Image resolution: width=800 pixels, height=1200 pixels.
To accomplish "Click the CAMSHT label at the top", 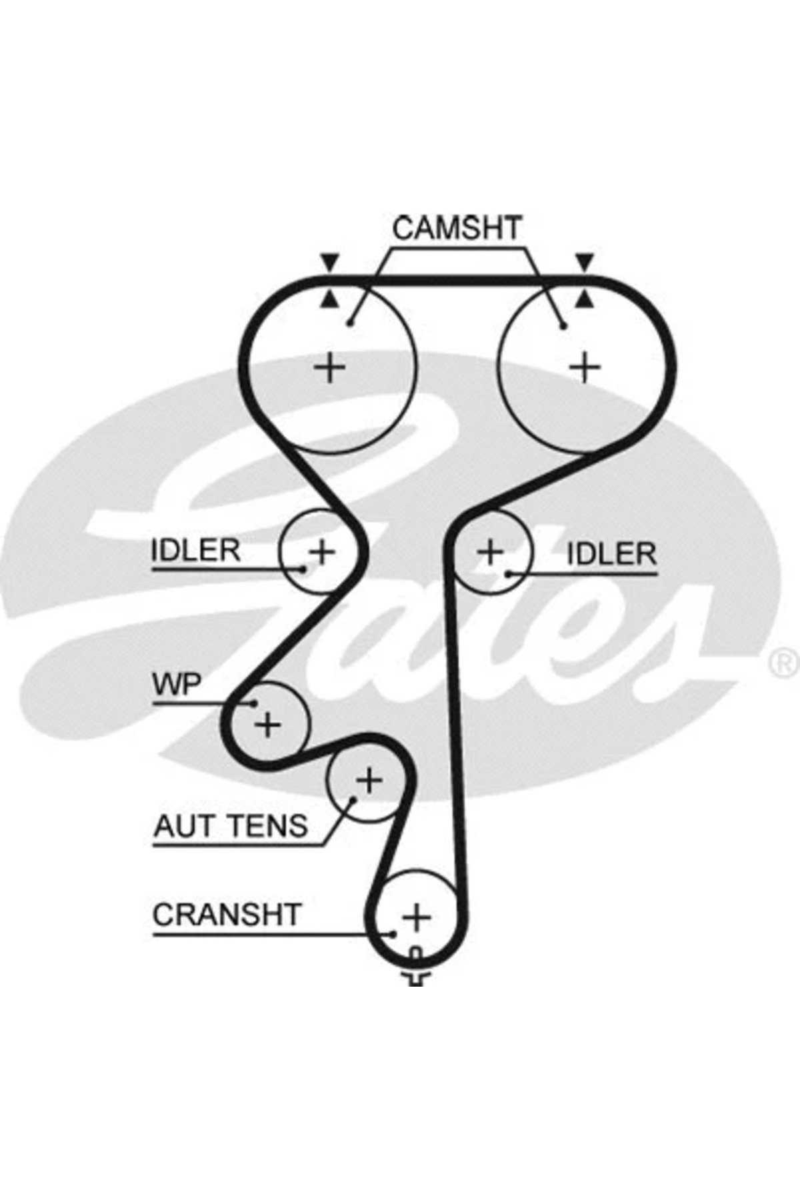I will (x=457, y=229).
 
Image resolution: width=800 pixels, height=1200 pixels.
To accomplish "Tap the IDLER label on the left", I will (x=195, y=551).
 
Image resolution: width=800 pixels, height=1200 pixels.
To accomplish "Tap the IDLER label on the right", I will (x=611, y=554).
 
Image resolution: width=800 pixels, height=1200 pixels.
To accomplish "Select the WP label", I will (x=176, y=685).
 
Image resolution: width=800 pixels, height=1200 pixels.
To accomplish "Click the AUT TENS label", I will (x=231, y=827).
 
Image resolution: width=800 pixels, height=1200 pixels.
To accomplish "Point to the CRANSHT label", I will (x=227, y=915).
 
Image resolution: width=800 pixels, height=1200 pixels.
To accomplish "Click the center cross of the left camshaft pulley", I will (x=329, y=367).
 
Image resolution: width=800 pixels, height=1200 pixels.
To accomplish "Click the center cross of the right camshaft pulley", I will (x=585, y=367).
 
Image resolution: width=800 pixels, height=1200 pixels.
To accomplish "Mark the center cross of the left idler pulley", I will (x=322, y=552).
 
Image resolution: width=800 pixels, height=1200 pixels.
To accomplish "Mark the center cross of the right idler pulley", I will (x=491, y=552).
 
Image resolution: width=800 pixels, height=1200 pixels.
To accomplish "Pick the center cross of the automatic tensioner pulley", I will (x=369, y=780).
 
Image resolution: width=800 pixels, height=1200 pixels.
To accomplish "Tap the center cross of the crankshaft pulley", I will (x=417, y=918).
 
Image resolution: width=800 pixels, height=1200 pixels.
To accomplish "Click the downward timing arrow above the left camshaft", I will (x=329, y=262).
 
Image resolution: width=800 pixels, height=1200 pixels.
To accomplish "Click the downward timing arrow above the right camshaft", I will (x=585, y=262).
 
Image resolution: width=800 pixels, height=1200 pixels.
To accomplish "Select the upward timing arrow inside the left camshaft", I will (x=329, y=300).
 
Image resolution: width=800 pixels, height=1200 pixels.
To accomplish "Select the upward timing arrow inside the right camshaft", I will (x=585, y=300).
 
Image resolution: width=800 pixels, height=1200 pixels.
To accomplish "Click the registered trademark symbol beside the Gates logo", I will (x=784, y=662).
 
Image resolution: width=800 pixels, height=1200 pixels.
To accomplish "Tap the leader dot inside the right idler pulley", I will (x=509, y=573).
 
